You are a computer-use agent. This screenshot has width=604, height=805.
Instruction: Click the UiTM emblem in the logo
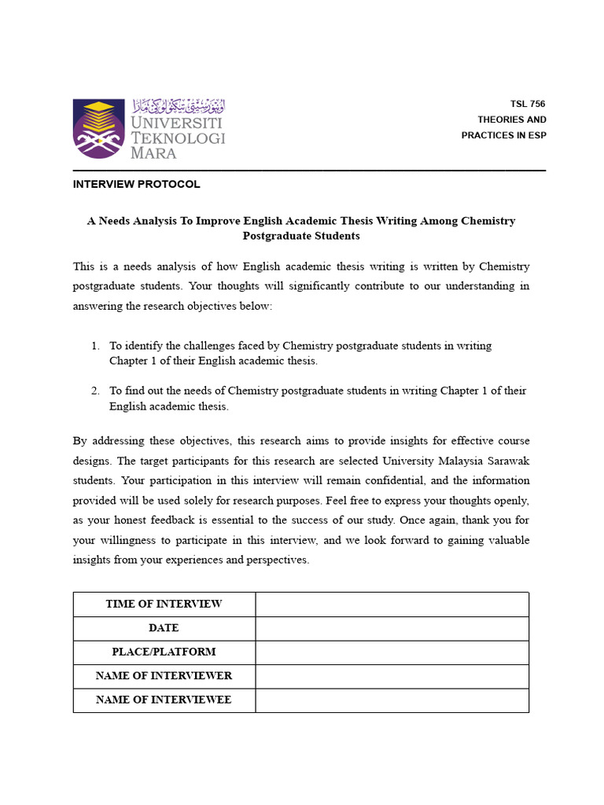click(x=98, y=128)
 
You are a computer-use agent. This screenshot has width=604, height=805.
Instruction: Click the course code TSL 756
click(x=527, y=104)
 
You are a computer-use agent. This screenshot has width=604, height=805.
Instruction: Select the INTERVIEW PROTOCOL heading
click(x=136, y=184)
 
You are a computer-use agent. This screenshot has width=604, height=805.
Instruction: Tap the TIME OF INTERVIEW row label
click(x=164, y=604)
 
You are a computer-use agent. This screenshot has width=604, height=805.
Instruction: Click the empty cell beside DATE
click(x=392, y=628)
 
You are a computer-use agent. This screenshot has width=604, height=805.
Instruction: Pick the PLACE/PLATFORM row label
click(x=164, y=652)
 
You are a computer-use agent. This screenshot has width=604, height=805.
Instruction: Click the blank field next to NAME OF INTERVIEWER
click(x=392, y=676)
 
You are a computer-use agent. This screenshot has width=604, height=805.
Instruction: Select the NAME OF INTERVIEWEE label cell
click(x=164, y=700)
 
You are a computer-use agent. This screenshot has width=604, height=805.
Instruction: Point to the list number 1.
click(x=94, y=346)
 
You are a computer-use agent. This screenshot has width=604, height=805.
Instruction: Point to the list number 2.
click(x=94, y=391)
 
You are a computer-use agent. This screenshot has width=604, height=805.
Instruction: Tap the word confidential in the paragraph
click(x=390, y=480)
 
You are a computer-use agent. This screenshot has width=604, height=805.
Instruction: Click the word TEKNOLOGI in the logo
click(x=178, y=138)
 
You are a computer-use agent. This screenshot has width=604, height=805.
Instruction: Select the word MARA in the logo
click(x=153, y=153)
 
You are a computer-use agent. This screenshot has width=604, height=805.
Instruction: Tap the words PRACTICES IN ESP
click(x=503, y=135)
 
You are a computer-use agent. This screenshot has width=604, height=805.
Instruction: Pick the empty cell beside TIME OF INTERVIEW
click(x=392, y=604)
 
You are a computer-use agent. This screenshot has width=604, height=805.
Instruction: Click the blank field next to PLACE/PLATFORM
click(x=392, y=652)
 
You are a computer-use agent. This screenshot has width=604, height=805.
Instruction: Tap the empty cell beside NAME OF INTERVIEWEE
click(x=392, y=700)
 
